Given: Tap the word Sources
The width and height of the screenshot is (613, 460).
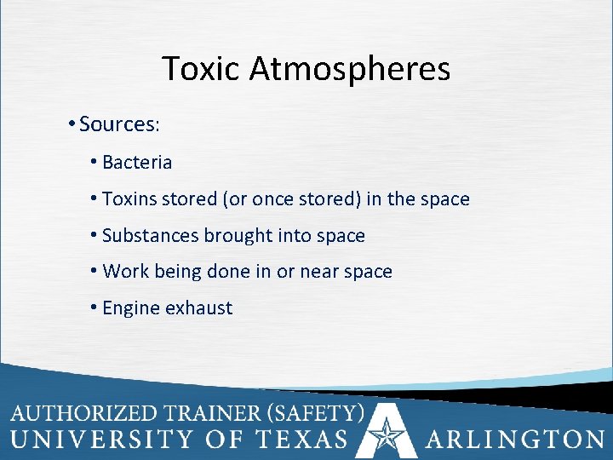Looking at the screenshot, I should (x=117, y=124).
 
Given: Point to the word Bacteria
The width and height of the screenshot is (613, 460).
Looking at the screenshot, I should (x=137, y=162).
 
